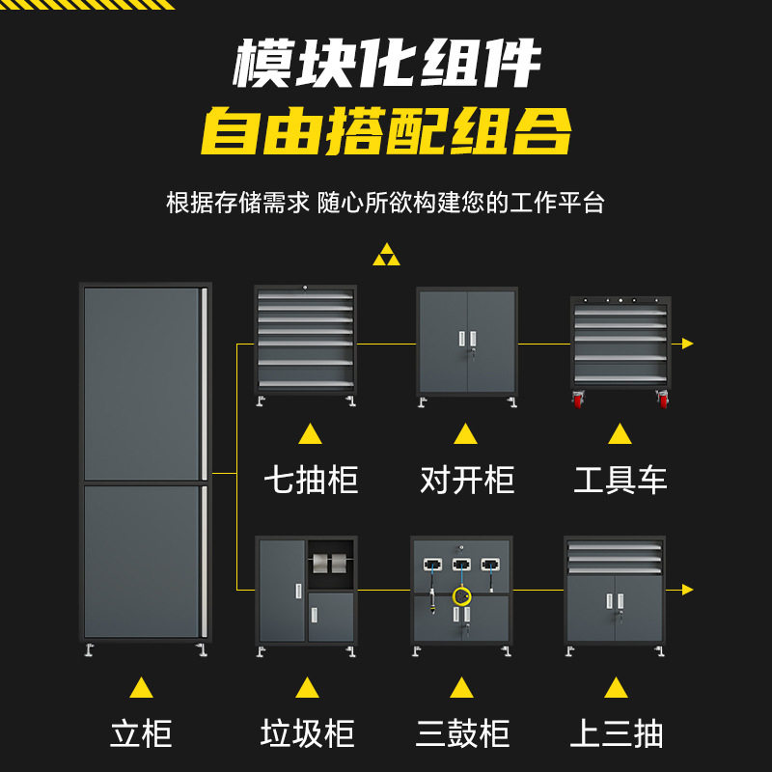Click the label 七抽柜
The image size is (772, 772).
pos(311,480)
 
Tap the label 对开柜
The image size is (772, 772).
pos(467,480)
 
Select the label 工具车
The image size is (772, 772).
pos(620,480)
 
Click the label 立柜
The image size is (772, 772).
pos(141,733)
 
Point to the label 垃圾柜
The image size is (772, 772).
pos(307,733)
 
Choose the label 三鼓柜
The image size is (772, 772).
pos(462,733)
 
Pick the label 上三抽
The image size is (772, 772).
pos(616,733)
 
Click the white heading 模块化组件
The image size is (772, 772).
pos(386,66)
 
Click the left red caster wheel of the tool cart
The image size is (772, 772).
pos(579,399)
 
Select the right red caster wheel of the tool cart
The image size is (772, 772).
pos(663,399)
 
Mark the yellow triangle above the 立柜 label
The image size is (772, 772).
pos(141,687)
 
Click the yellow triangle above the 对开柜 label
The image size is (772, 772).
pos(466,433)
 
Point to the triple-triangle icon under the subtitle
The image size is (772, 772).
pos(386,255)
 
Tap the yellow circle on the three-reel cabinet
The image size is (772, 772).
pos(462,596)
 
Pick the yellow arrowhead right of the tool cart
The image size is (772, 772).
pos(688,343)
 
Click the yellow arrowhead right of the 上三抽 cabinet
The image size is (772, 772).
pos(688,589)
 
